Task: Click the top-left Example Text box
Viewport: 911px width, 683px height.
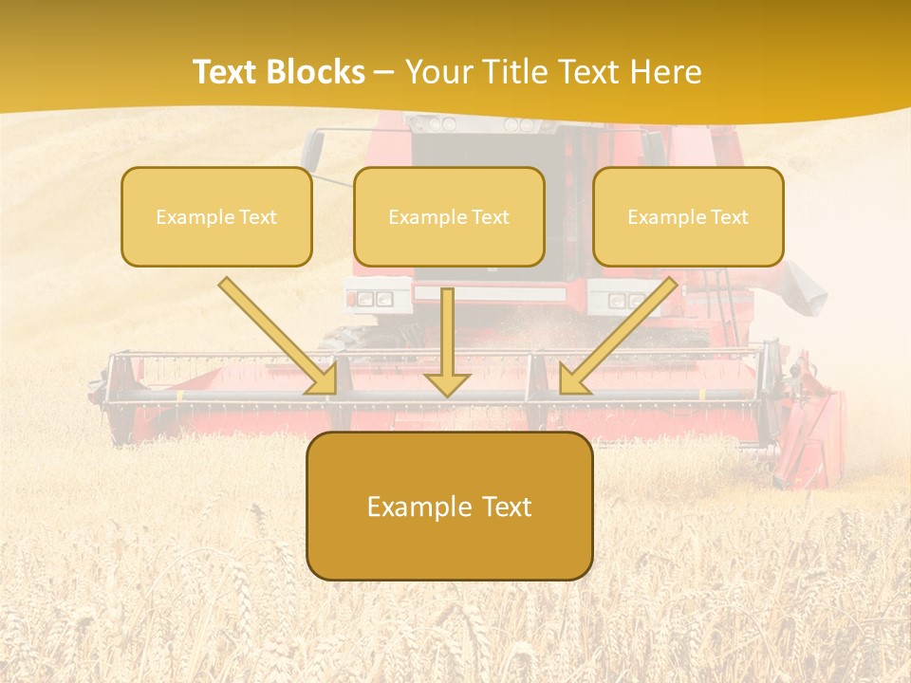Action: pyautogui.click(x=216, y=217)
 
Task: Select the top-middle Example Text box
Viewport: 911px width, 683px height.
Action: pyautogui.click(x=449, y=217)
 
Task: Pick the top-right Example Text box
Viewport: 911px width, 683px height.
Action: pyautogui.click(x=688, y=217)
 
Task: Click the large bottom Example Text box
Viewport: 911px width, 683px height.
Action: pyautogui.click(x=449, y=507)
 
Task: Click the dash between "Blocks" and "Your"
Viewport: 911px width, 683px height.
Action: pyautogui.click(x=384, y=72)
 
